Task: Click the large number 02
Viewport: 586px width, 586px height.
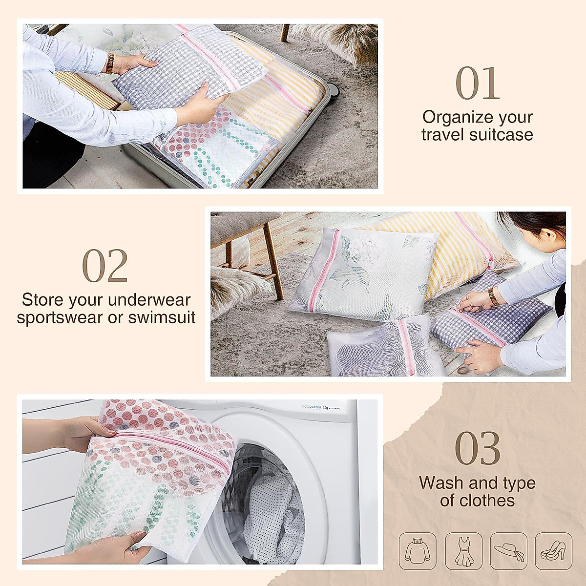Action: (105, 266)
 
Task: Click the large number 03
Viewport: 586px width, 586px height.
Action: (478, 448)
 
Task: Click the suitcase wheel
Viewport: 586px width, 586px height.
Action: (334, 90)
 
